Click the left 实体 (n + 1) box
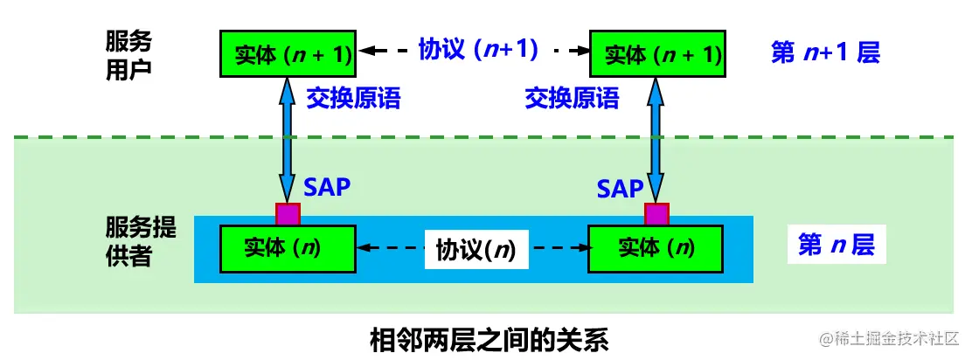[288, 53]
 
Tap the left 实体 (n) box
[288, 248]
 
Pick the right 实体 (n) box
[656, 248]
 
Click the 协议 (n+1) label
[477, 50]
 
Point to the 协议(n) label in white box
[476, 251]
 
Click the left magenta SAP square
[288, 214]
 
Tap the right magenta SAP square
[656, 214]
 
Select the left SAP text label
[327, 187]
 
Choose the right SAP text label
[621, 188]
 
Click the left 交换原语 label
[353, 98]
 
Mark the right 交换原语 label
[572, 98]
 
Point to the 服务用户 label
[128, 54]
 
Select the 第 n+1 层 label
[825, 52]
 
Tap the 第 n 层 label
[836, 246]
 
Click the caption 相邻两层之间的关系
[489, 338]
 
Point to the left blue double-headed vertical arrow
[288, 140]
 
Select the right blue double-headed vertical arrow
[656, 140]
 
